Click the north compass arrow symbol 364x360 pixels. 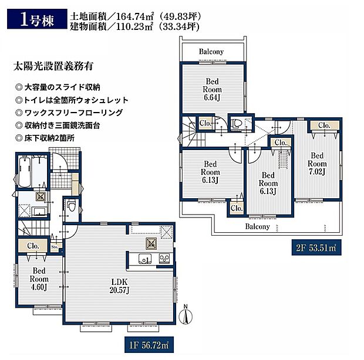[187, 317]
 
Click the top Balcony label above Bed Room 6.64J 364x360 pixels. [211, 52]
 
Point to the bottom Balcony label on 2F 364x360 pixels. [257, 226]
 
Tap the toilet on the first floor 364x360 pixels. [70, 206]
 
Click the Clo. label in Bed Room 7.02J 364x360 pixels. [323, 125]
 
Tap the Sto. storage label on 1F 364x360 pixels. [55, 248]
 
